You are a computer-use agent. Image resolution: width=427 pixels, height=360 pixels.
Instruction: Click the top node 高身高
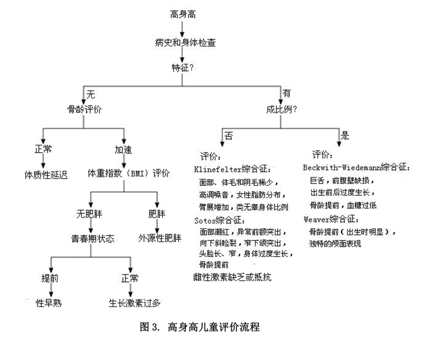pos(183,14)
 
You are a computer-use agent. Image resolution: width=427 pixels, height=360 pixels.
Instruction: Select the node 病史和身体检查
pos(185,43)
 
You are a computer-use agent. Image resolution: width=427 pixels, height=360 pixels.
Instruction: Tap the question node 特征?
pos(182,68)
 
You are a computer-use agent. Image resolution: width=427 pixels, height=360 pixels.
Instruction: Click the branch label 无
pos(91,95)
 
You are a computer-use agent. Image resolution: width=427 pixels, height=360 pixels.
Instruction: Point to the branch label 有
pos(286,93)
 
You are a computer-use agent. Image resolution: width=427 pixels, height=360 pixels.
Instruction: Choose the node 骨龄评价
pos(84,109)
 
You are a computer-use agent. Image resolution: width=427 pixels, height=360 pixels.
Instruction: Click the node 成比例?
pos(281,109)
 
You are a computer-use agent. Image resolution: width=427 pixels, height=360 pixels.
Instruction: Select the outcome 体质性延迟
pos(46,175)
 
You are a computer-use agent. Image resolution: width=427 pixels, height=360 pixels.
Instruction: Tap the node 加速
pos(124,150)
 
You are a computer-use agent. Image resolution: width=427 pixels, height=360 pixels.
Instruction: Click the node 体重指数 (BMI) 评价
pos(129,173)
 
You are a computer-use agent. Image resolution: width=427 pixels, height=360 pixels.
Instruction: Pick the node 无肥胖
pos(89,214)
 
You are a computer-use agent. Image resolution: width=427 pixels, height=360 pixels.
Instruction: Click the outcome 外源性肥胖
pos(159,238)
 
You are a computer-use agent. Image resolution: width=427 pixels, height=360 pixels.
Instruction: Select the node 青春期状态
pos(93,239)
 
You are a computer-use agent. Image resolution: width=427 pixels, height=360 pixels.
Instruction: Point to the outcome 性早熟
pos(49,303)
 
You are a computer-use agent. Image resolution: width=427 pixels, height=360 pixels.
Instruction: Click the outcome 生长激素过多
pos(134,303)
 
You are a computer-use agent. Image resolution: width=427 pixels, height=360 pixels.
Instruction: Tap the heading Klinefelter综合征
pos(232,169)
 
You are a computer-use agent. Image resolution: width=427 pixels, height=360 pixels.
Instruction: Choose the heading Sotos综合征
pos(220,220)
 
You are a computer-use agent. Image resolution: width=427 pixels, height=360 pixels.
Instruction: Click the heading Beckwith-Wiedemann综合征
pos(356,167)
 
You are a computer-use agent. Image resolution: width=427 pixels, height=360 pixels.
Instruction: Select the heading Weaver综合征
pos(331,219)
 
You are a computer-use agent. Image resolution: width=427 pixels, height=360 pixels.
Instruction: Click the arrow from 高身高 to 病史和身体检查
pos(182,29)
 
